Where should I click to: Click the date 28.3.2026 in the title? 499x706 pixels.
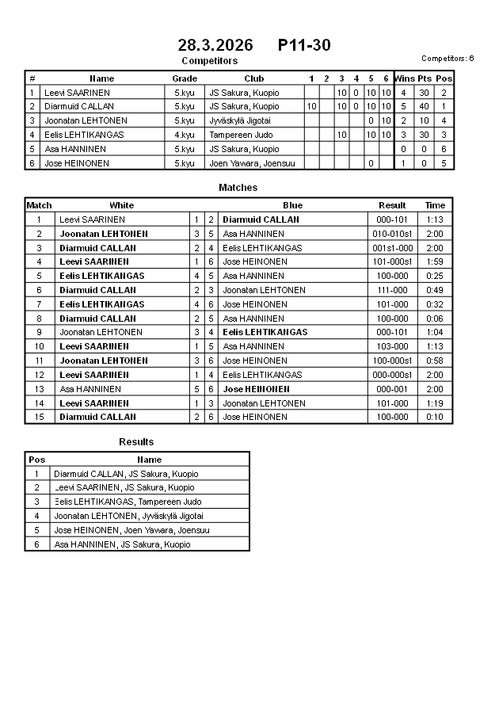click(x=215, y=45)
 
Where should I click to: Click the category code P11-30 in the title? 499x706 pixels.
click(x=304, y=45)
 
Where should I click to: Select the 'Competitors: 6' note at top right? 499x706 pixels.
click(x=448, y=58)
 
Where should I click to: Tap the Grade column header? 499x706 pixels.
click(x=185, y=78)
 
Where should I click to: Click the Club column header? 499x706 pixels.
click(x=253, y=78)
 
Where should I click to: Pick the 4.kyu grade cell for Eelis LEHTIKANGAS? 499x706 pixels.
click(x=185, y=135)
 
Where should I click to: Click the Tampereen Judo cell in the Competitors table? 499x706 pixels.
click(x=241, y=135)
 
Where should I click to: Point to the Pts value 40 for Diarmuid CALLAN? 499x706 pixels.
click(x=424, y=106)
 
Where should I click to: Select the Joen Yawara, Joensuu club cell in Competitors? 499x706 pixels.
click(x=246, y=163)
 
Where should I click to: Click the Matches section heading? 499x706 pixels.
click(x=238, y=188)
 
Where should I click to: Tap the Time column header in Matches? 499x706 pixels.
click(x=435, y=205)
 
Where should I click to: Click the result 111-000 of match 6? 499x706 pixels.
click(x=392, y=290)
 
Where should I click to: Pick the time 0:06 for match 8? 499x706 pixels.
click(x=435, y=319)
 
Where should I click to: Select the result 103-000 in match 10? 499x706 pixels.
click(x=392, y=346)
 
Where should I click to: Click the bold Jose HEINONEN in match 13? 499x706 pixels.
click(x=255, y=389)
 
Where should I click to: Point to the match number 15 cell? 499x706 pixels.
click(x=39, y=417)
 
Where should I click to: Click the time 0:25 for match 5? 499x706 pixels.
click(x=435, y=276)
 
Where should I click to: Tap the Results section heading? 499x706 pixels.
click(x=136, y=441)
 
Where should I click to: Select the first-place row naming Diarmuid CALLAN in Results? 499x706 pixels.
click(x=126, y=474)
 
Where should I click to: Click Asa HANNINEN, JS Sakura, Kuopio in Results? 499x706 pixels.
click(x=122, y=544)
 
